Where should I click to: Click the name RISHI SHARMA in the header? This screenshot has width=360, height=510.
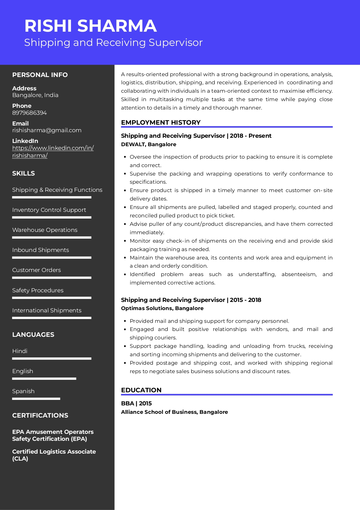(x=91, y=26)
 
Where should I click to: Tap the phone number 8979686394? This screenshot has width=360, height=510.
(x=29, y=113)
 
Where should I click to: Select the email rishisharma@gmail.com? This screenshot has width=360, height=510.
(x=47, y=130)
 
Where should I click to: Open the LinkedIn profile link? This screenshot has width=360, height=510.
(x=53, y=151)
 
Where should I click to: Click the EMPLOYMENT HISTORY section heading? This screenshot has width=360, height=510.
(x=161, y=122)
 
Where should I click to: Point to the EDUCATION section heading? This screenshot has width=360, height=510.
(x=141, y=390)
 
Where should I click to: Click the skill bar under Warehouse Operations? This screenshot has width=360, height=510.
(x=52, y=237)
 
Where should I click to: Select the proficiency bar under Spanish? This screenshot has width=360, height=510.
(x=36, y=399)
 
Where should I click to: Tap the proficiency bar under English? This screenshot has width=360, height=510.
(x=44, y=379)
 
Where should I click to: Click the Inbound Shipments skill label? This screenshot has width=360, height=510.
(x=41, y=250)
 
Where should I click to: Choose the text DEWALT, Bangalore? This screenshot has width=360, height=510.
(x=148, y=144)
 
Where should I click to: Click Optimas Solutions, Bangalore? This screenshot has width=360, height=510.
(x=162, y=308)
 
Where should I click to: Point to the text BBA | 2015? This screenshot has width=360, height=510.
(x=136, y=403)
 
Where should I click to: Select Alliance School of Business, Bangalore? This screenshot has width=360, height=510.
(x=174, y=412)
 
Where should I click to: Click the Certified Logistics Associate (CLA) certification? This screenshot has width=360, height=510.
(x=54, y=455)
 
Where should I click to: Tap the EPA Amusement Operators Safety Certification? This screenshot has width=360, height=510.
(x=53, y=435)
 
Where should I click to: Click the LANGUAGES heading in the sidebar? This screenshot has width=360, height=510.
(x=33, y=334)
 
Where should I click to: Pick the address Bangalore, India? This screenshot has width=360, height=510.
(x=35, y=95)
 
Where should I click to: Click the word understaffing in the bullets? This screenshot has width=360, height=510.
(x=257, y=274)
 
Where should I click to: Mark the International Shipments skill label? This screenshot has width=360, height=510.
(x=47, y=310)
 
